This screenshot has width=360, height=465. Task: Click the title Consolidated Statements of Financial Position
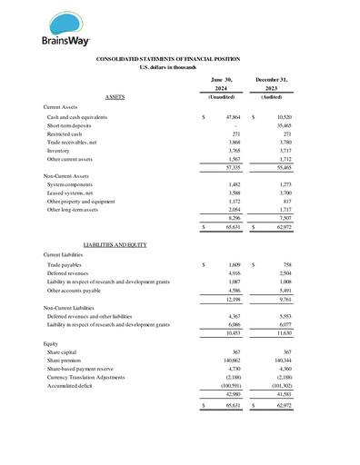click(x=179, y=59)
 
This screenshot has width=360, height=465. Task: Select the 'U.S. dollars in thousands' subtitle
click(x=179, y=68)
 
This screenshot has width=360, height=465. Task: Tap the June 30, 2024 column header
click(x=222, y=84)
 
